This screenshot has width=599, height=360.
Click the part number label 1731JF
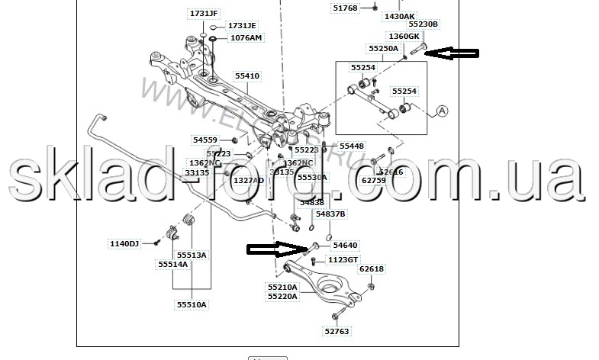coord(204,13)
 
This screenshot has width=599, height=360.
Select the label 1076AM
coord(245,37)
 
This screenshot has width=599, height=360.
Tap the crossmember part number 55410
coord(247,76)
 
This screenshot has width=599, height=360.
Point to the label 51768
coord(345,8)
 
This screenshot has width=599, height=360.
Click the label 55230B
coord(423,24)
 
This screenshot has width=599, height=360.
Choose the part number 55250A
coord(384,48)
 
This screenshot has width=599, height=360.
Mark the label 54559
coord(204,140)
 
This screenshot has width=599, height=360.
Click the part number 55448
coord(351,146)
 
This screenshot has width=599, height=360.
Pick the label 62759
coord(374,180)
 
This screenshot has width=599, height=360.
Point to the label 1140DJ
coord(124,244)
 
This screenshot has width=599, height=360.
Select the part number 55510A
coord(192,304)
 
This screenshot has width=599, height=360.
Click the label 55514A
coord(172,264)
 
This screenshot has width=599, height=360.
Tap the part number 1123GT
coord(343,259)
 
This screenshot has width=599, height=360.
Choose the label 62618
coord(372,269)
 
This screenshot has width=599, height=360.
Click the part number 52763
coord(337,331)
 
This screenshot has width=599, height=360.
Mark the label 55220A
coord(282,296)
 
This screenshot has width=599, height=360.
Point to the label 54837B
coord(330,214)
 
